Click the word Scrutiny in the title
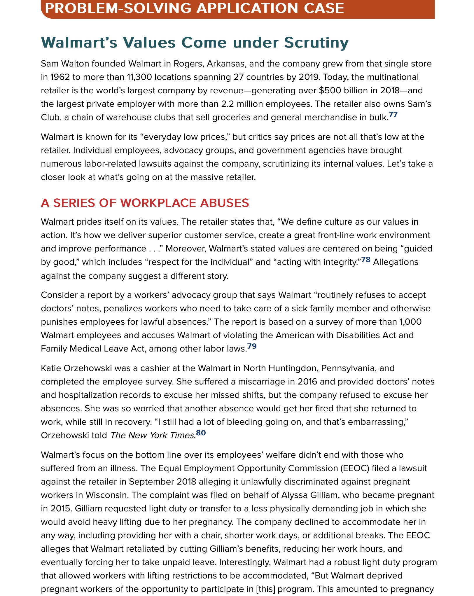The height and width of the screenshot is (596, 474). click(316, 43)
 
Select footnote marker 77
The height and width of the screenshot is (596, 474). click(393, 114)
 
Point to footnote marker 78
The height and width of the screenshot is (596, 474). click(366, 259)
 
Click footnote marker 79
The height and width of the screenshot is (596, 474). click(252, 346)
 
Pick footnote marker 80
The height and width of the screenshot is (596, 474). click(201, 432)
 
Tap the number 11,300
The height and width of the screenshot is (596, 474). click(139, 77)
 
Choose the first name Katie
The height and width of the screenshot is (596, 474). click(51, 368)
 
